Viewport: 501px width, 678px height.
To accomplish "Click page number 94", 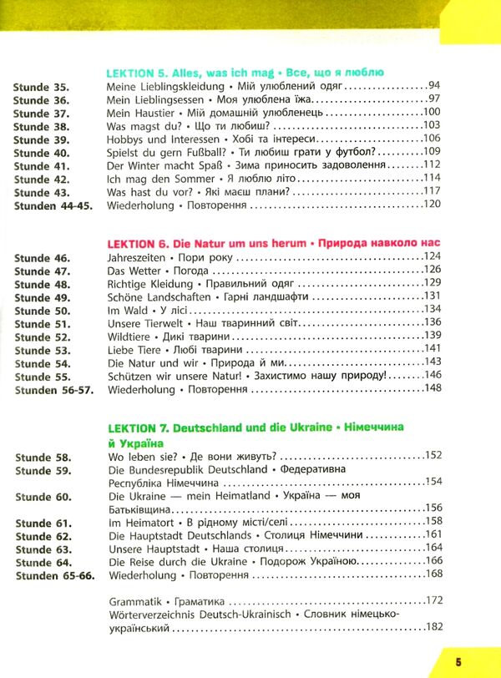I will [x=433, y=85].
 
